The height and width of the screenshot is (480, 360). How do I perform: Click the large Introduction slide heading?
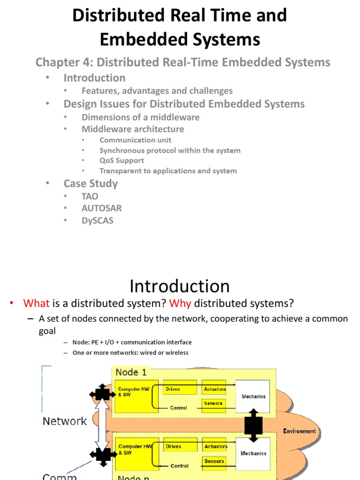coord(180,286)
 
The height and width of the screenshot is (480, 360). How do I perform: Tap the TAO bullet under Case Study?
coord(90,196)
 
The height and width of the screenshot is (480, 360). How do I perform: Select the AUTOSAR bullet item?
coord(101,208)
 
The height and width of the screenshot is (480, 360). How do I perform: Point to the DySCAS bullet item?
coord(97,220)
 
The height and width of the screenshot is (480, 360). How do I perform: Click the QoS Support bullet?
coord(121,160)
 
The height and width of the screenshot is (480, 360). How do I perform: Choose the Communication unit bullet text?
coord(135,140)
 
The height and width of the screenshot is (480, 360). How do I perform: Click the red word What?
coord(36,303)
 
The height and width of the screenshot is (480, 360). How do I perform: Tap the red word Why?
coord(180,303)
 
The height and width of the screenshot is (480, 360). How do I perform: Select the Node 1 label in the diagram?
coord(131,372)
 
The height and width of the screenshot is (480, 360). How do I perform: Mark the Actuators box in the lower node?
coord(215,447)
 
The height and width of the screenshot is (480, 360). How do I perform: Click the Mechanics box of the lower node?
coord(253,453)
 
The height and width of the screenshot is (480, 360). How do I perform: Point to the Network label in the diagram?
coord(65,421)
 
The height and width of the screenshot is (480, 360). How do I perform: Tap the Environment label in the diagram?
coord(299,431)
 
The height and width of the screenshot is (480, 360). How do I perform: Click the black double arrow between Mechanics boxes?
coord(253,425)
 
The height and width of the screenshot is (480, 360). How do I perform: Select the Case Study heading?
coord(90,183)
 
